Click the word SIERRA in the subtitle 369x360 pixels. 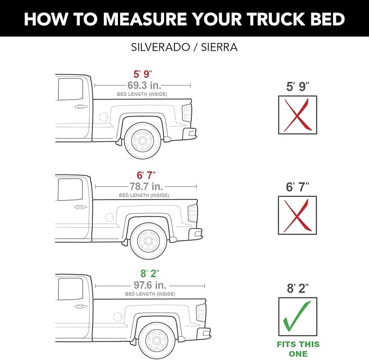219,47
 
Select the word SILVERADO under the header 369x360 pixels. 160,47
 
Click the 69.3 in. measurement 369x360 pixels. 144,85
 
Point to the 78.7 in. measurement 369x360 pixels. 146,187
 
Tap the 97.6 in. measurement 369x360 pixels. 150,285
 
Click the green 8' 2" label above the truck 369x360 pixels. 149,274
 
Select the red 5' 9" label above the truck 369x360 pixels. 142,74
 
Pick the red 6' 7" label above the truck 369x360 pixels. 146,176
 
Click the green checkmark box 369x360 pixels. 298,316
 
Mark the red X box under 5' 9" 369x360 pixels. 298,115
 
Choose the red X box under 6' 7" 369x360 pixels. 297,215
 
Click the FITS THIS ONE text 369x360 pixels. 298,349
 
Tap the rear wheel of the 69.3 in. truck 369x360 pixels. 142,141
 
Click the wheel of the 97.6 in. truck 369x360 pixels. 157,340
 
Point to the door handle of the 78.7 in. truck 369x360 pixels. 81,207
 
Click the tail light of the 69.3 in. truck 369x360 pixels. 187,113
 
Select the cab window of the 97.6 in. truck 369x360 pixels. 70,289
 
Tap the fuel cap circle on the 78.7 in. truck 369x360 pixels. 109,218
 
